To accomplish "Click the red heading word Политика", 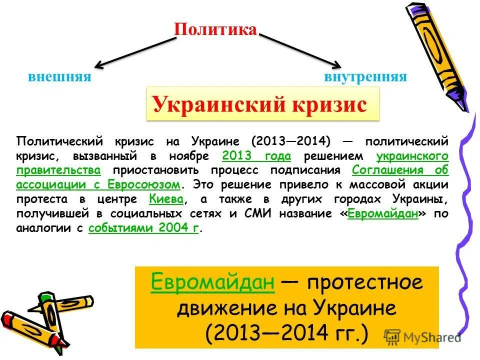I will tap(215, 29).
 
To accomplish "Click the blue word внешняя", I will tap(59, 77).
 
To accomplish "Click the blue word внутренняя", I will tap(365, 77).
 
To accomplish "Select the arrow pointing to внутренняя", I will tap(300, 50).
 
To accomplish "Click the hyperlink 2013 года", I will tap(256, 155).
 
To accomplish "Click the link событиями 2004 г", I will tap(143, 228).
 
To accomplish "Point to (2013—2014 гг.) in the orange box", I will tap(287, 332).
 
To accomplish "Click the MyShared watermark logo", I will tap(422, 337).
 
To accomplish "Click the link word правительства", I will tap(58, 170).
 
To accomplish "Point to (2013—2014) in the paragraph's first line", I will tap(287, 140).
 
